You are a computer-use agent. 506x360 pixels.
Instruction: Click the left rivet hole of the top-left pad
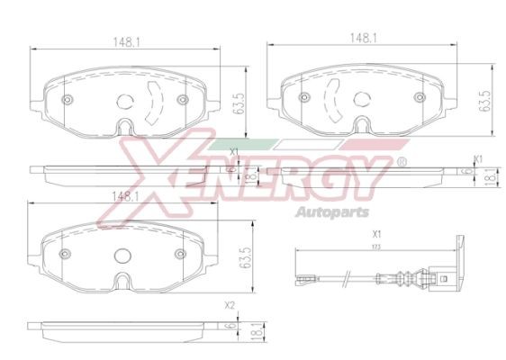tap(68, 99)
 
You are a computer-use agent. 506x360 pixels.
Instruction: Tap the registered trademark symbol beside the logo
tap(402, 162)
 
